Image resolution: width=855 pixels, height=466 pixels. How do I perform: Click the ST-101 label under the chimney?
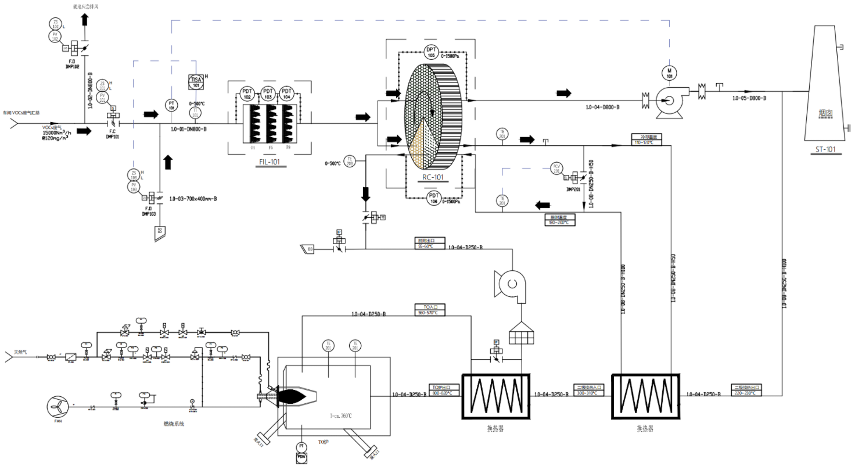(x=825, y=149)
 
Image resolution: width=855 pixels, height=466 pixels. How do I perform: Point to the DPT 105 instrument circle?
(x=431, y=51)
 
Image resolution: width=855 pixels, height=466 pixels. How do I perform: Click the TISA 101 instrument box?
(x=196, y=81)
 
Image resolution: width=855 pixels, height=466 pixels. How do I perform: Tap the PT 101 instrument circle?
(x=171, y=105)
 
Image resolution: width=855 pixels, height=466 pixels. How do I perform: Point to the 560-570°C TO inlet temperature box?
(x=427, y=310)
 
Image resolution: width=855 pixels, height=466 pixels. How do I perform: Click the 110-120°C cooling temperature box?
(x=646, y=139)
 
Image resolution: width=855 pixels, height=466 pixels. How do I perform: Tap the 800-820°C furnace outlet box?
(x=443, y=390)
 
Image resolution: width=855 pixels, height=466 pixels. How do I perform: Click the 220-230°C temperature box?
(x=746, y=390)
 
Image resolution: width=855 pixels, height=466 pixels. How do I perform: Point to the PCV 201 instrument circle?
(x=556, y=169)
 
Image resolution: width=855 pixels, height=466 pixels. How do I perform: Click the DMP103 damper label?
(x=149, y=214)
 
